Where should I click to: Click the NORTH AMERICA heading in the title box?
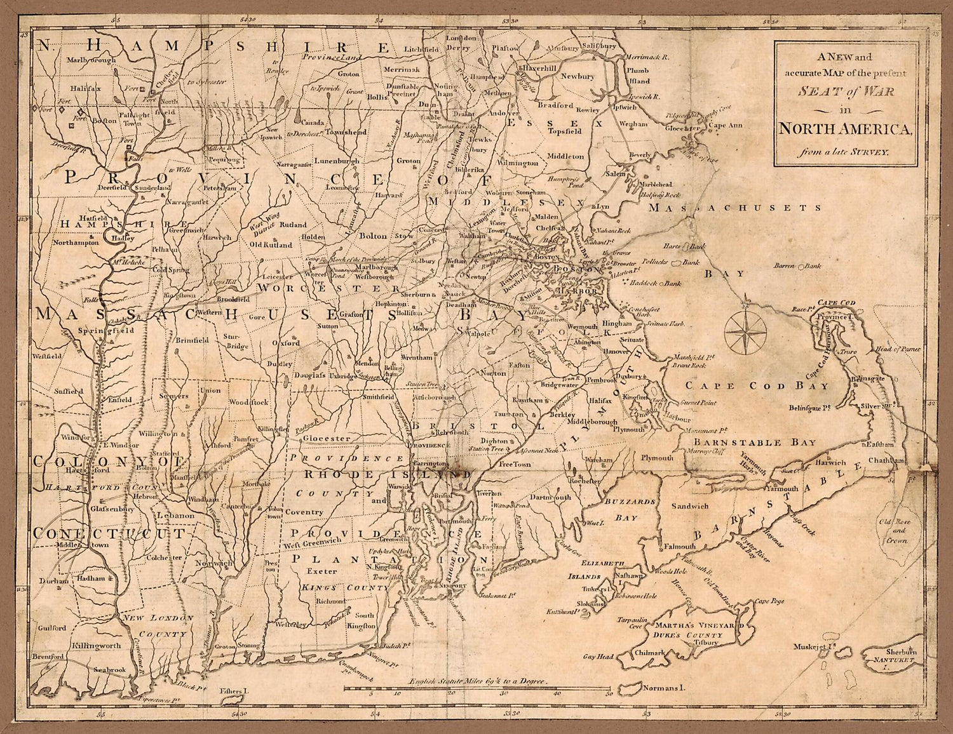pos(845,130)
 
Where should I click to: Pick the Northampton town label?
pos(76,242)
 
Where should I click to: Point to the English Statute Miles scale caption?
pos(478,681)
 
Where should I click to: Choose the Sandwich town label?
pos(690,506)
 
